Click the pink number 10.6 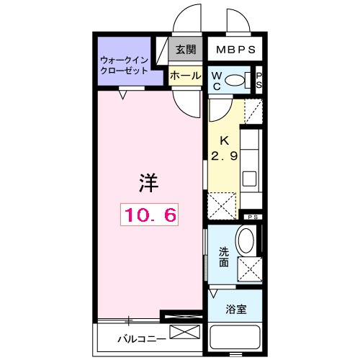[148, 214]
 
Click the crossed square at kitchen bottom [222, 205]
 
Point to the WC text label [216, 81]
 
